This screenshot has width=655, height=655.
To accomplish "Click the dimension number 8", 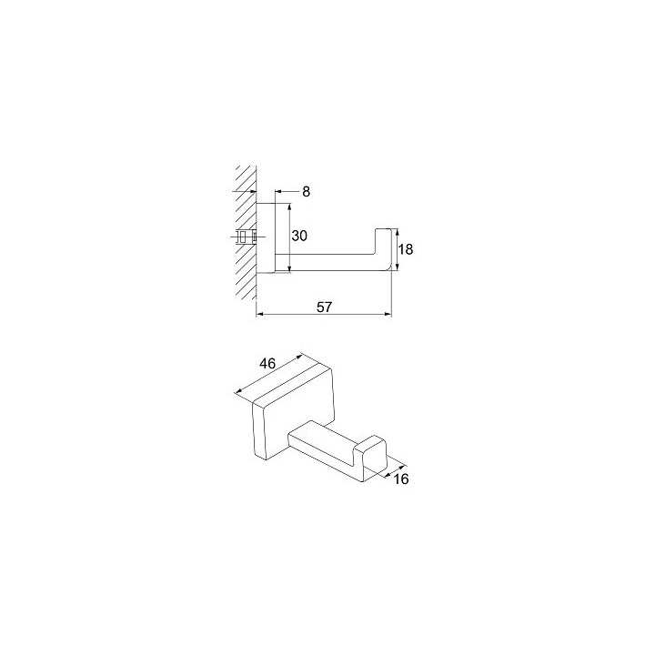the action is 307,192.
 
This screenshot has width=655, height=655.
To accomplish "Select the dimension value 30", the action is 299,236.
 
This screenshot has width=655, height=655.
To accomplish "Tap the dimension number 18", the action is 405,249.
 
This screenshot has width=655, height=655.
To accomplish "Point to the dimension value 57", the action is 324,307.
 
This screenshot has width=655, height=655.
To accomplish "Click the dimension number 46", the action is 267,363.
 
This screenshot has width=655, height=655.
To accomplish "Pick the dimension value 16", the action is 401,479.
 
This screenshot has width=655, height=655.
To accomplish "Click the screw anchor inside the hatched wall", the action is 245,237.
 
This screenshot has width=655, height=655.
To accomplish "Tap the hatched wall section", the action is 246,233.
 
